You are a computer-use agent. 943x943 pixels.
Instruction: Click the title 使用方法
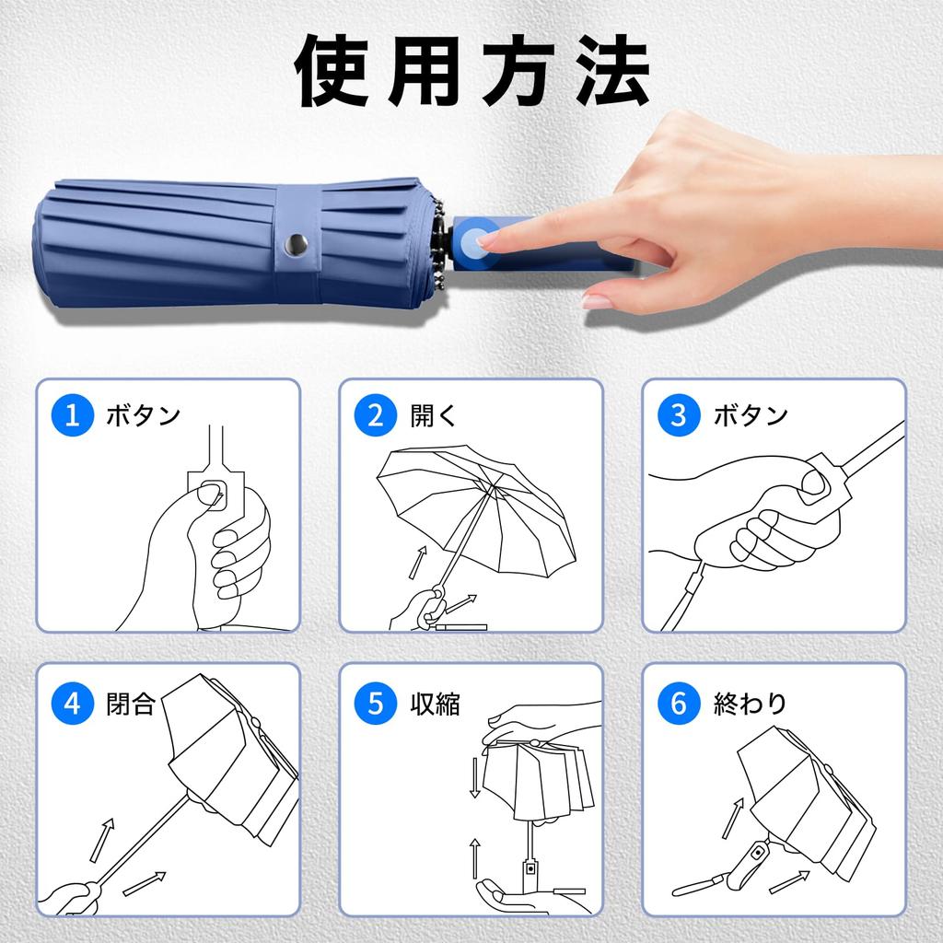pyautogui.click(x=471, y=72)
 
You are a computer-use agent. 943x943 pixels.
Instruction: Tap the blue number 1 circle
pyautogui.click(x=73, y=415)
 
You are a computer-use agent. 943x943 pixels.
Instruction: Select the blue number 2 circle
pyautogui.click(x=376, y=415)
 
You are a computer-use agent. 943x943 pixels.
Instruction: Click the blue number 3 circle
pyautogui.click(x=679, y=415)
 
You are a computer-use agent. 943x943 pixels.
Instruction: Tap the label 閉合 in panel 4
pyautogui.click(x=132, y=704)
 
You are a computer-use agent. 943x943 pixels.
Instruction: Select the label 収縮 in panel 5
pyautogui.click(x=435, y=704)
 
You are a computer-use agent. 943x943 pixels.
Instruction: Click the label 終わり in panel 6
pyautogui.click(x=751, y=704)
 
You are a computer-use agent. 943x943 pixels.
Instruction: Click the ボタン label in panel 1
pyautogui.click(x=143, y=416)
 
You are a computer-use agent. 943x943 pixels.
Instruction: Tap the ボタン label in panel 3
pyautogui.click(x=751, y=416)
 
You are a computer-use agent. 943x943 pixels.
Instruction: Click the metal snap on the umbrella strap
pyautogui.click(x=297, y=244)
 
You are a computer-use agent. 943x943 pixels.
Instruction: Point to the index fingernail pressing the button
pyautogui.click(x=485, y=239)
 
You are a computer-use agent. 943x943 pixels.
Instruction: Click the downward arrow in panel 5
pyautogui.click(x=475, y=779)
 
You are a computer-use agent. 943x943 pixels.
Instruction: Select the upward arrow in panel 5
pyautogui.click(x=475, y=857)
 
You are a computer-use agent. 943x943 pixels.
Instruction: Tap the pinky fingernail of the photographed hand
pyautogui.click(x=597, y=301)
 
